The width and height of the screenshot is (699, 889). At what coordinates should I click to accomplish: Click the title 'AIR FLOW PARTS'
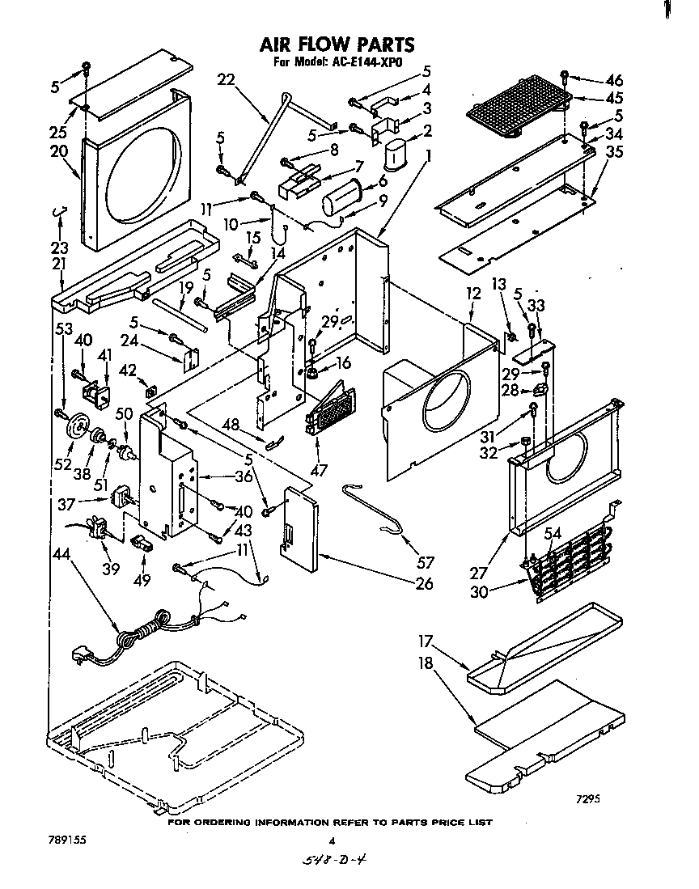pyautogui.click(x=337, y=44)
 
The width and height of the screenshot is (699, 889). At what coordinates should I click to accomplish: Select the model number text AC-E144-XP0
pyautogui.click(x=362, y=62)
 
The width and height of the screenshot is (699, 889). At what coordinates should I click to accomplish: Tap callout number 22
pyautogui.click(x=227, y=78)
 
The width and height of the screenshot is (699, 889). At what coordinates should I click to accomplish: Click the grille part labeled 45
pyautogui.click(x=518, y=108)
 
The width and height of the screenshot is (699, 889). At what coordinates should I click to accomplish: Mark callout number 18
pyautogui.click(x=426, y=663)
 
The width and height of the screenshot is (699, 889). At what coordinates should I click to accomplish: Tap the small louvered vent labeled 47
pyautogui.click(x=331, y=413)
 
